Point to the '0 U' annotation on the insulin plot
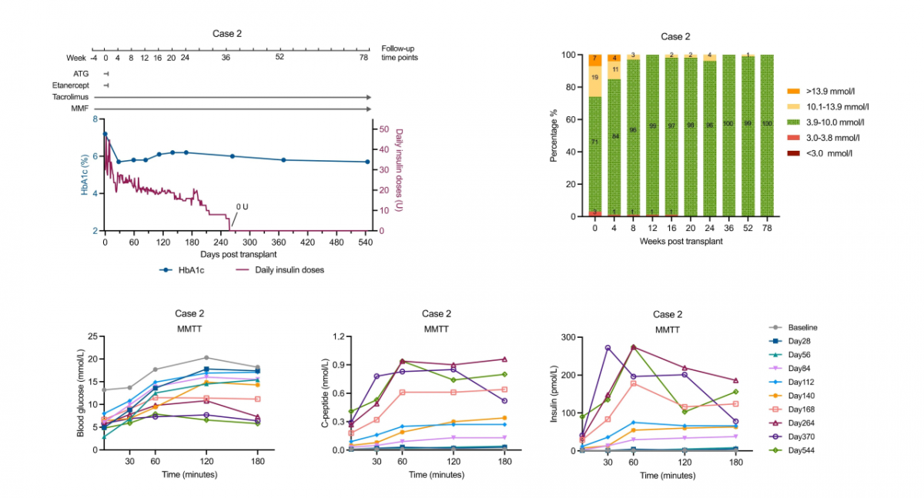(242, 206)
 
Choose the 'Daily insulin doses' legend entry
(280, 270)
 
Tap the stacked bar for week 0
(594, 135)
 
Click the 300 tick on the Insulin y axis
(567, 337)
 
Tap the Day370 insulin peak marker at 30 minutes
(608, 348)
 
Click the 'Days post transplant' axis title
(238, 254)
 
